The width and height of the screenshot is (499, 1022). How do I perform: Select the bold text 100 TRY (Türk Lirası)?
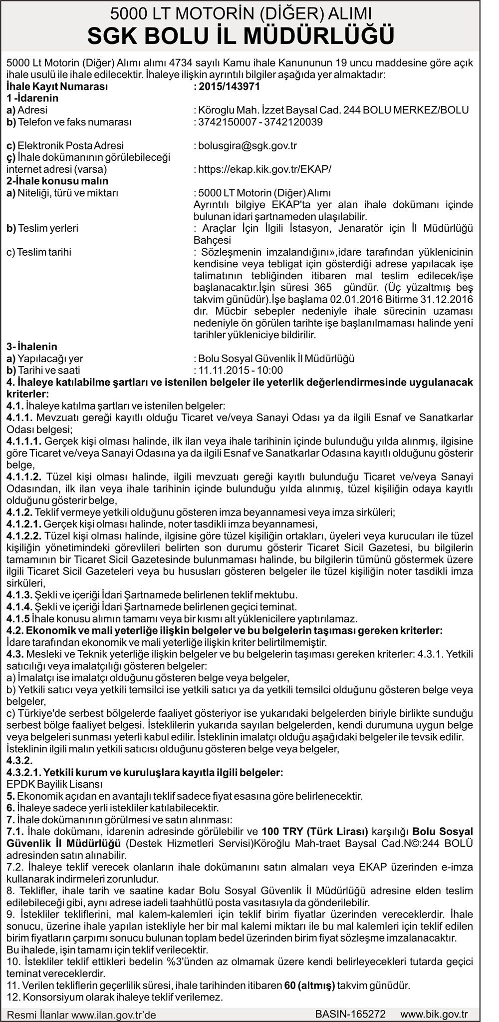[315, 831]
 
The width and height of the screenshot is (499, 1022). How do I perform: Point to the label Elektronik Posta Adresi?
[70, 146]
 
